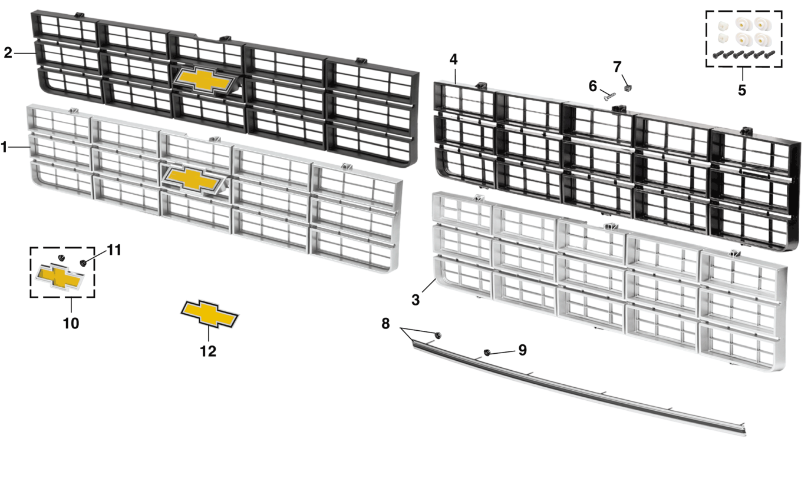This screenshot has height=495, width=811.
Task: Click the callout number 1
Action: (5, 147)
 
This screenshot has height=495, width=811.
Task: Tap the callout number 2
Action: (8, 53)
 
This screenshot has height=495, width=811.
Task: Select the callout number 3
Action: (416, 300)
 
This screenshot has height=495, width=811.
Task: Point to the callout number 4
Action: (453, 59)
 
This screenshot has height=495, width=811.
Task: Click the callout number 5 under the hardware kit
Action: (742, 90)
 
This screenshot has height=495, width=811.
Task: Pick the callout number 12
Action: (208, 351)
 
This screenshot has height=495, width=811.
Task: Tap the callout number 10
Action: (71, 323)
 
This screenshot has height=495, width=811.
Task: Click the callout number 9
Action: (522, 350)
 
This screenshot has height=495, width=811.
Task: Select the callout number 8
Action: (385, 323)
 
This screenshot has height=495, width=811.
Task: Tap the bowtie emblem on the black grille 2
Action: (203, 79)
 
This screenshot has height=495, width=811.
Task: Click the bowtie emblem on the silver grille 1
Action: (193, 178)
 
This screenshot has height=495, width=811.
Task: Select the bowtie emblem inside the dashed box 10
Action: (60, 277)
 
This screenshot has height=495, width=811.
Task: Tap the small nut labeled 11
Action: (83, 263)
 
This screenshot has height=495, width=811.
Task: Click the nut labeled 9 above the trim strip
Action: (487, 352)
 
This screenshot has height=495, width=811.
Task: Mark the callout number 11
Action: (114, 250)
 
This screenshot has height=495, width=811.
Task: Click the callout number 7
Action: (617, 67)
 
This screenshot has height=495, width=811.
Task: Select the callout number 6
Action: (593, 86)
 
